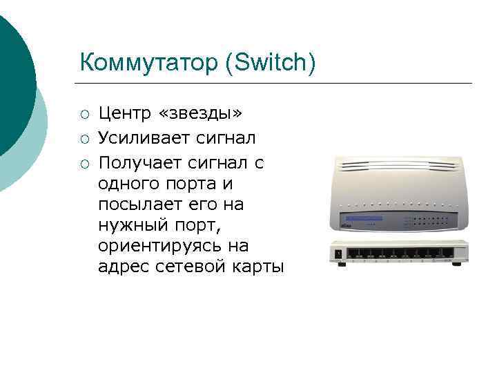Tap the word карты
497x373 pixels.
pos(255,267)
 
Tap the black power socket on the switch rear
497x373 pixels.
pos(338,254)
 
